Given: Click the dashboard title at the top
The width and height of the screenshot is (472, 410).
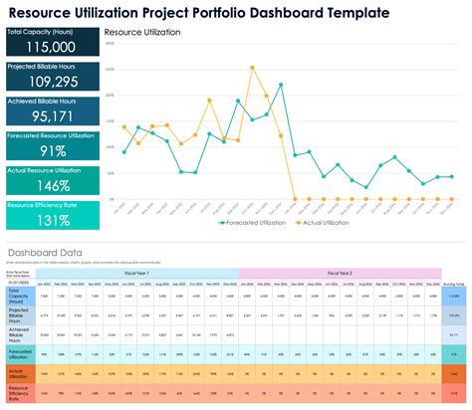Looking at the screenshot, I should tap(219, 12).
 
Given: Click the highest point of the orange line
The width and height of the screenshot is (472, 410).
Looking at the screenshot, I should tap(252, 68).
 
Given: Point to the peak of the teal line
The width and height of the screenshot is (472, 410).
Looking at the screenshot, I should tap(281, 86).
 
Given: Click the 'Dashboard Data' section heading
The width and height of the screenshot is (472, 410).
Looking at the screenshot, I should tap(45, 253).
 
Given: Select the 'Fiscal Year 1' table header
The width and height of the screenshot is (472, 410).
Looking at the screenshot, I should tap(137, 272).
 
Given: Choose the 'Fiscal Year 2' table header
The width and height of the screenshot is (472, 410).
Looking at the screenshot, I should tap(338, 272).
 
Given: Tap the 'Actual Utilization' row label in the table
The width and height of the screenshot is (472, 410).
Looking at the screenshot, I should tap(20, 374).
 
